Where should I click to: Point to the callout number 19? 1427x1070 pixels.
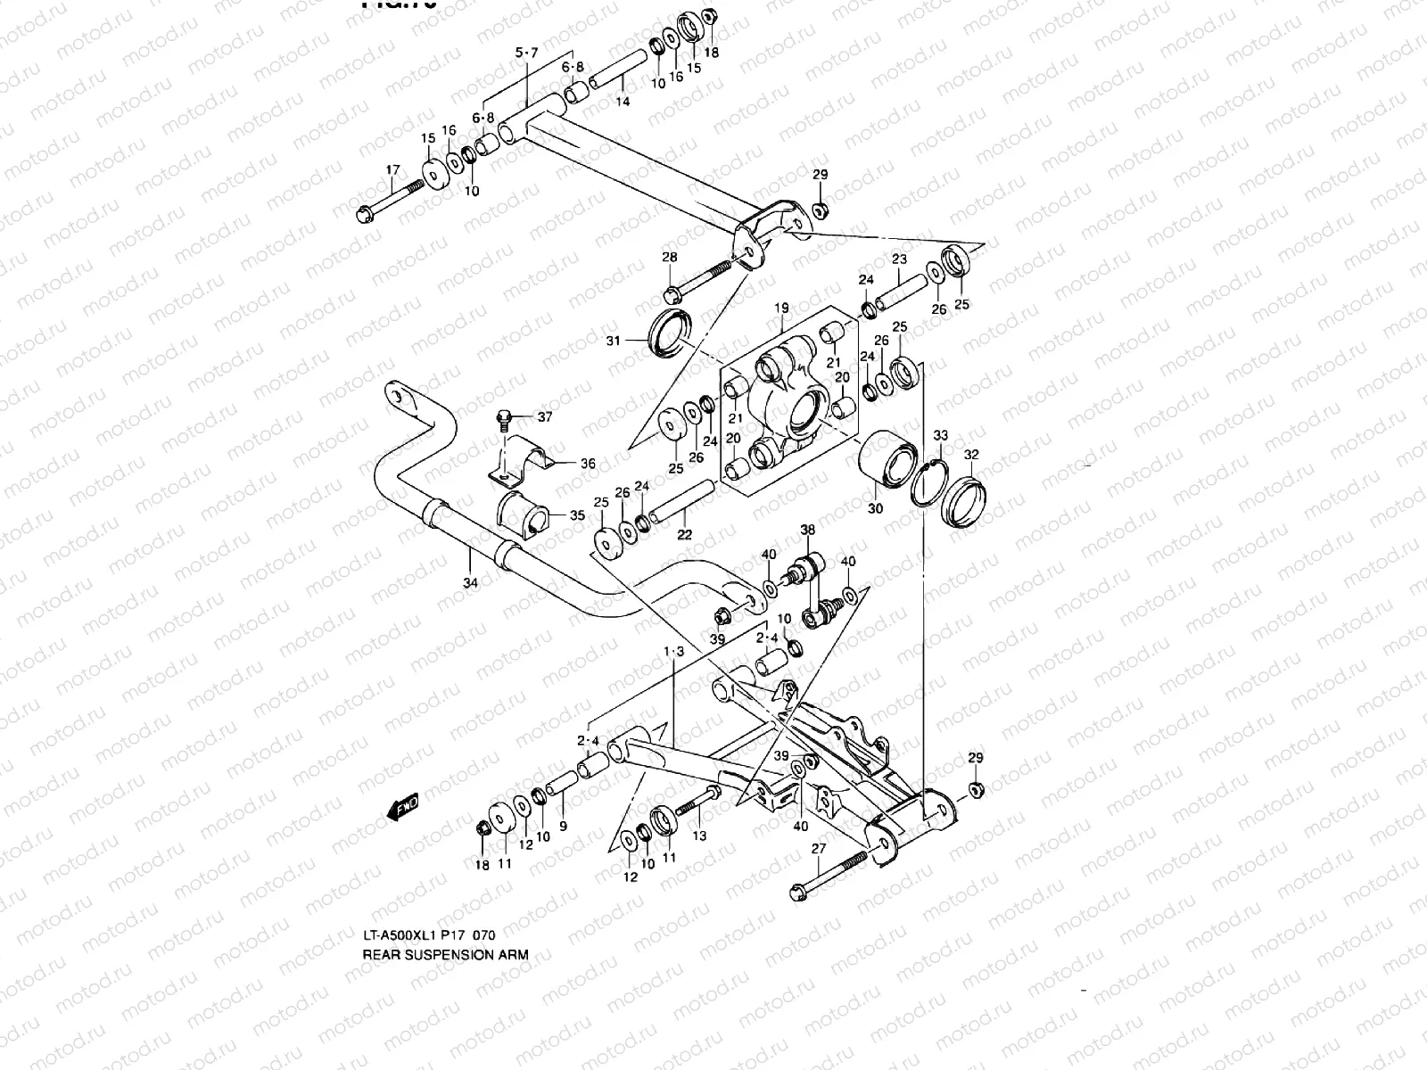point(781,309)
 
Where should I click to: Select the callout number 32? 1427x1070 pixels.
point(971,454)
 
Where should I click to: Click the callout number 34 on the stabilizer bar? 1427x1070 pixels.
point(470,582)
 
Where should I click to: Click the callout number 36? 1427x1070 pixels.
point(588,464)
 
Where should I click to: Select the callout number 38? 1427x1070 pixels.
point(807,529)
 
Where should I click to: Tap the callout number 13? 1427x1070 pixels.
point(699,835)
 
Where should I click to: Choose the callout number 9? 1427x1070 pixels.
point(563,827)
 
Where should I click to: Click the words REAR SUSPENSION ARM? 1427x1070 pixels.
point(445,954)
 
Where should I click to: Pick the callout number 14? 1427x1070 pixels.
point(623,102)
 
